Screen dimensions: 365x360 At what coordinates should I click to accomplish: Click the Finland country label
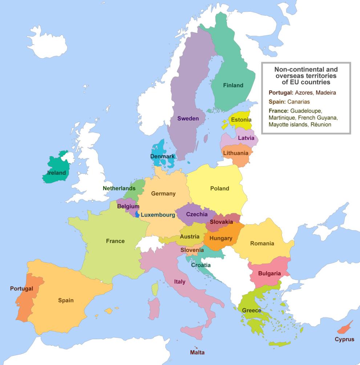233,85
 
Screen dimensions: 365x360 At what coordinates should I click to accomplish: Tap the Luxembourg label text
158,215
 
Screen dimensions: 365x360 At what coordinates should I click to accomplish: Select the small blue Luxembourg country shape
137,214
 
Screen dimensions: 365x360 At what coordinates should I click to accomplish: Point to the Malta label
197,352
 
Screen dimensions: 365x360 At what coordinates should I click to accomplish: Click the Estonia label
241,120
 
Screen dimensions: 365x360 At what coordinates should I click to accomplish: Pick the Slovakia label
221,222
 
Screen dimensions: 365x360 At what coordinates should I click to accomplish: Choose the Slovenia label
192,250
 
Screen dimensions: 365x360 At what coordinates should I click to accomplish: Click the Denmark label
162,156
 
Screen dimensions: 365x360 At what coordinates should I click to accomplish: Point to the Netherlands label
119,188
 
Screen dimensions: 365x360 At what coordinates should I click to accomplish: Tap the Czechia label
197,214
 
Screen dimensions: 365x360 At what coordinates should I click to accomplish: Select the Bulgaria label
270,273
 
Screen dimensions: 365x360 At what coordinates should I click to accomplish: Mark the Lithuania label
236,153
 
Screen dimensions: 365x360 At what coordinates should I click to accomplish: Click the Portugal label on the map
21,289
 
